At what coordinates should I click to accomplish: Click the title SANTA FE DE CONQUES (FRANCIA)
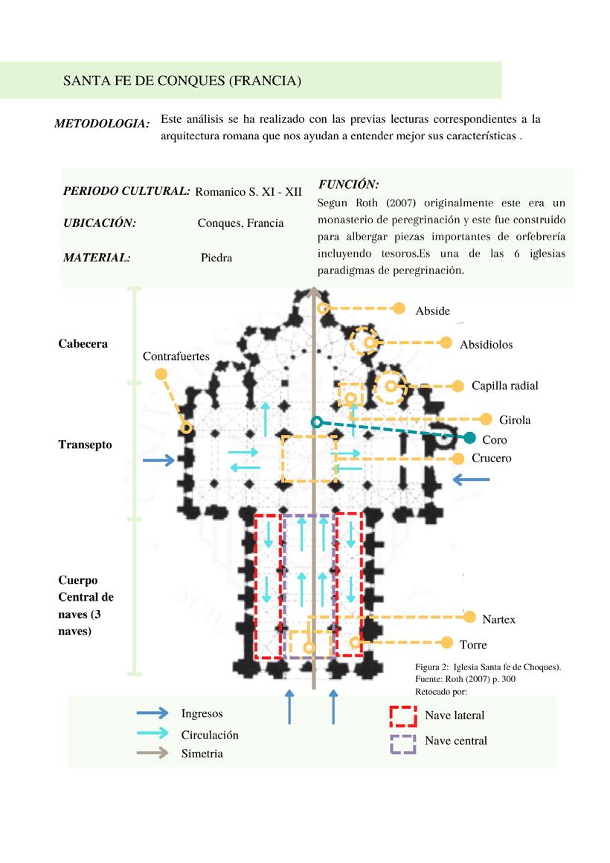(182, 80)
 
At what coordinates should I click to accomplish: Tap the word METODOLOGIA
(102, 124)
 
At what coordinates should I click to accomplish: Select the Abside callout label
(432, 311)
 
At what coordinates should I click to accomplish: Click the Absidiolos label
(486, 344)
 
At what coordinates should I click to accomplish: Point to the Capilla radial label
(504, 386)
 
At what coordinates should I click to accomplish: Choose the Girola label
(515, 420)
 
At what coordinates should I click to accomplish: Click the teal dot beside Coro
(469, 438)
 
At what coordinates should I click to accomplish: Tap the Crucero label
(491, 458)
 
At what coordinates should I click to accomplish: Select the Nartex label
(498, 619)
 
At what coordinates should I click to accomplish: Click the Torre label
(473, 644)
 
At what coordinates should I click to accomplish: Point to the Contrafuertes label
(176, 357)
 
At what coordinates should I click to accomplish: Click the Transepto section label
(85, 445)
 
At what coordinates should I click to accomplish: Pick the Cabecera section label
(83, 344)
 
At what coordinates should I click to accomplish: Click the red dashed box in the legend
(403, 716)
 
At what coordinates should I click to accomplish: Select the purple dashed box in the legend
(403, 743)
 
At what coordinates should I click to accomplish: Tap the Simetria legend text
(202, 754)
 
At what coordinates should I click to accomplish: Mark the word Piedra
(216, 258)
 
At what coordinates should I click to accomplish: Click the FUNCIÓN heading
(348, 184)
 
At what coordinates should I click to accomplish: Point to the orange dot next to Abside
(399, 308)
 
